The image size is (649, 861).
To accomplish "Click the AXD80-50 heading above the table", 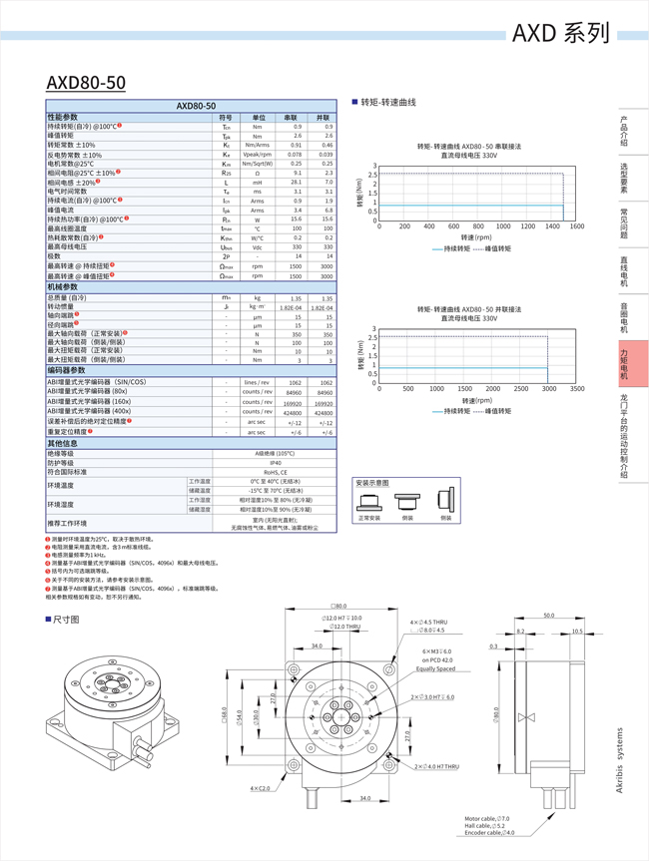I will [x=86, y=82].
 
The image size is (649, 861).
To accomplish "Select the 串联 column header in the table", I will [x=292, y=117].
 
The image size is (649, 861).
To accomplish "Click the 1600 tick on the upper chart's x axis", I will [x=576, y=226].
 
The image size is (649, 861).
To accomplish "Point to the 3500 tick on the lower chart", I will [x=576, y=388].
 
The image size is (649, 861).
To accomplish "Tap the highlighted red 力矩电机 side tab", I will [x=624, y=363].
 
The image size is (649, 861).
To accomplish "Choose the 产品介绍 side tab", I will [x=624, y=131].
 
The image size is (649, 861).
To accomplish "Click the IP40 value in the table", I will [x=275, y=463].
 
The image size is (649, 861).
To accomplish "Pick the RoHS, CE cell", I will [x=275, y=472].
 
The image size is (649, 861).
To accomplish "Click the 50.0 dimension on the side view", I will [x=548, y=616].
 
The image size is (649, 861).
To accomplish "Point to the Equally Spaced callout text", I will [x=435, y=668].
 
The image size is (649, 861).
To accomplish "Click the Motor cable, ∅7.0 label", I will [x=487, y=818].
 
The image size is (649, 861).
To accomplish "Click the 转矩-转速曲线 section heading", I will [x=387, y=103].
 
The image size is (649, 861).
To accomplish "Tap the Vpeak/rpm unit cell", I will [x=257, y=155].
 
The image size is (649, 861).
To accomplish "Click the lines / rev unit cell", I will [x=257, y=382].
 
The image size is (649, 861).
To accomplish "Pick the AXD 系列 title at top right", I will [x=560, y=33].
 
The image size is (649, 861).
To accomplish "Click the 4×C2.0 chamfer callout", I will [x=260, y=788].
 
